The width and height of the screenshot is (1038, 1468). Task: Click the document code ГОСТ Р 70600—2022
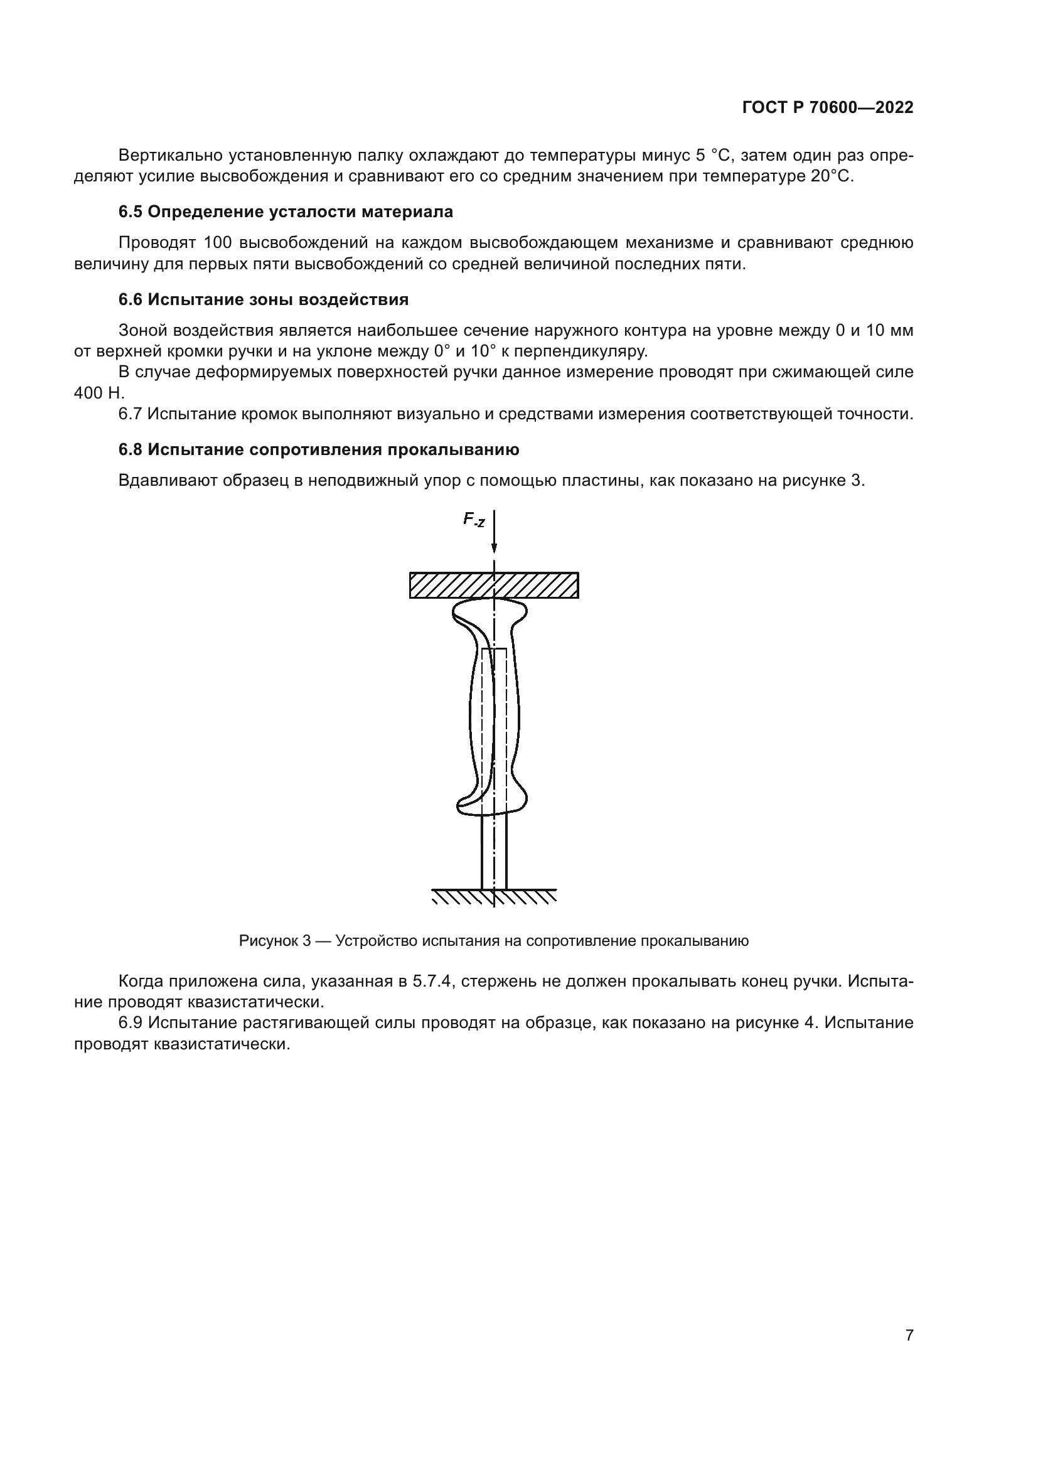[x=827, y=108]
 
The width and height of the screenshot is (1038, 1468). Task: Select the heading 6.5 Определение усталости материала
[x=286, y=212]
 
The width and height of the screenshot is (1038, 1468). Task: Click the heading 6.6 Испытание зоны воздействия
[x=264, y=299]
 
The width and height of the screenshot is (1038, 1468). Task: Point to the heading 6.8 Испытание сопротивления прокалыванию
[x=318, y=449]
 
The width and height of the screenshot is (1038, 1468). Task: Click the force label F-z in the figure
[x=474, y=520]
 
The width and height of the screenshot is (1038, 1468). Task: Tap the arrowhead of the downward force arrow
[x=494, y=547]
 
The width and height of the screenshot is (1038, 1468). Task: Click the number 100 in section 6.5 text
[x=218, y=243]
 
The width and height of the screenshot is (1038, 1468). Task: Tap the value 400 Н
[x=99, y=394]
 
